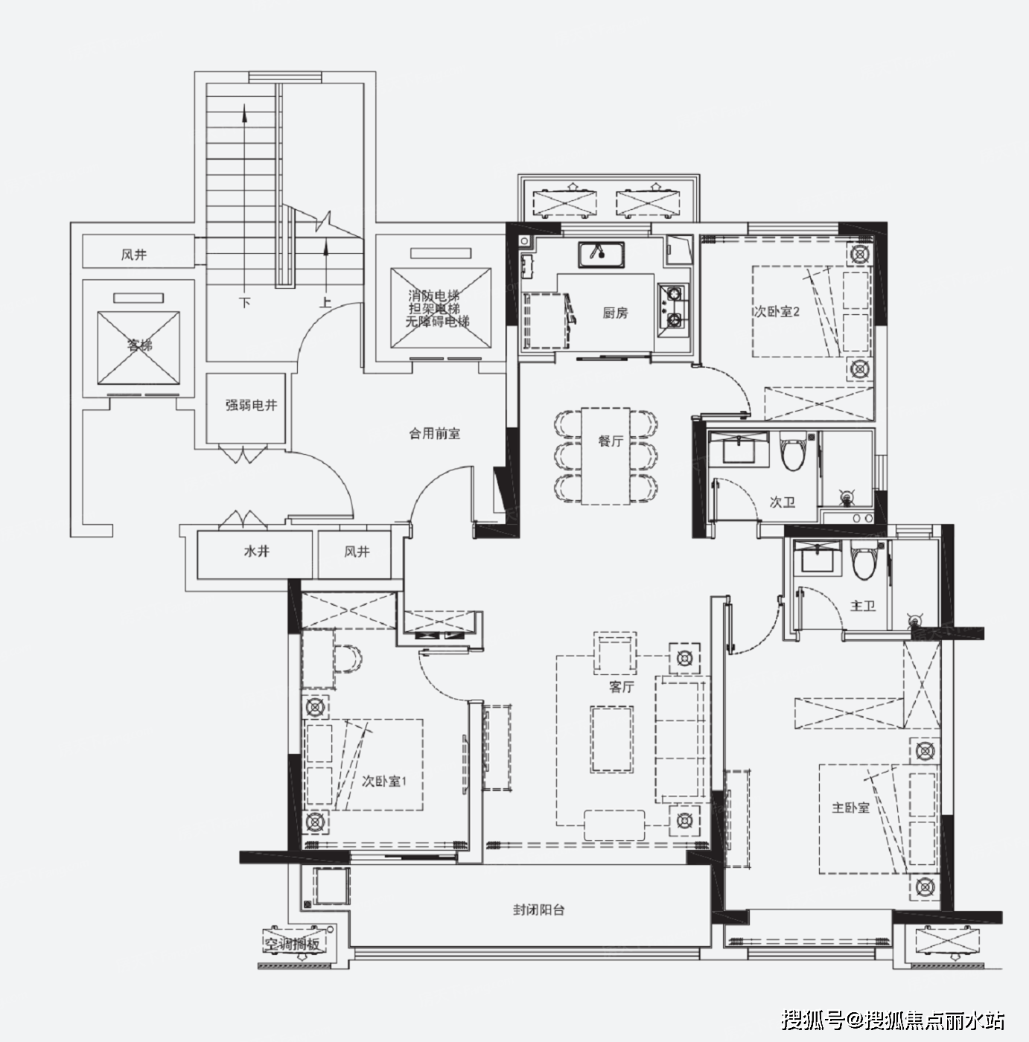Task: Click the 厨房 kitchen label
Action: point(615,313)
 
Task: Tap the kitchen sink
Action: point(601,255)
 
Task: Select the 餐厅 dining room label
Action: point(611,441)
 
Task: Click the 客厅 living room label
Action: point(621,686)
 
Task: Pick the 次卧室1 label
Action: point(383,781)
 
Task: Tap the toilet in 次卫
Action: point(792,452)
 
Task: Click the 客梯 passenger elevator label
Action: point(139,345)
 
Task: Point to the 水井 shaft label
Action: point(256,552)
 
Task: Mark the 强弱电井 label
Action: point(251,404)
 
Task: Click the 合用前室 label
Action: point(434,433)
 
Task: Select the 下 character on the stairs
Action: point(245,302)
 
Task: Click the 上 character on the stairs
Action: point(325,301)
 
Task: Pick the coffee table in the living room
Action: point(612,740)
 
